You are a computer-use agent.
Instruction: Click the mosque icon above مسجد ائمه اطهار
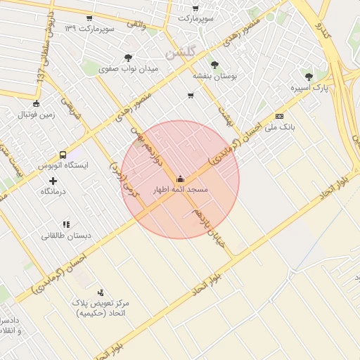coord(181,178)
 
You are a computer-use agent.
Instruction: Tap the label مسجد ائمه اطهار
coord(180,190)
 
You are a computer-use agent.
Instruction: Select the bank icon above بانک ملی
coord(280,116)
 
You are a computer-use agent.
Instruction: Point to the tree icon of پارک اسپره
coord(308,76)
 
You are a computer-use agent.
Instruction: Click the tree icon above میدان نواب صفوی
coord(128,58)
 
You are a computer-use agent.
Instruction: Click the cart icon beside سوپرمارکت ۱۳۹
coord(89,18)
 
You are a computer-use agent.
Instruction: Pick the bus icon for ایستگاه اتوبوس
coord(63,155)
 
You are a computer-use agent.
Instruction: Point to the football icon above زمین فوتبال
coord(26,103)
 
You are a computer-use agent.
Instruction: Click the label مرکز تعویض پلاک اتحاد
coord(101,307)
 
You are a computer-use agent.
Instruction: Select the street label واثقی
coord(136,24)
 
